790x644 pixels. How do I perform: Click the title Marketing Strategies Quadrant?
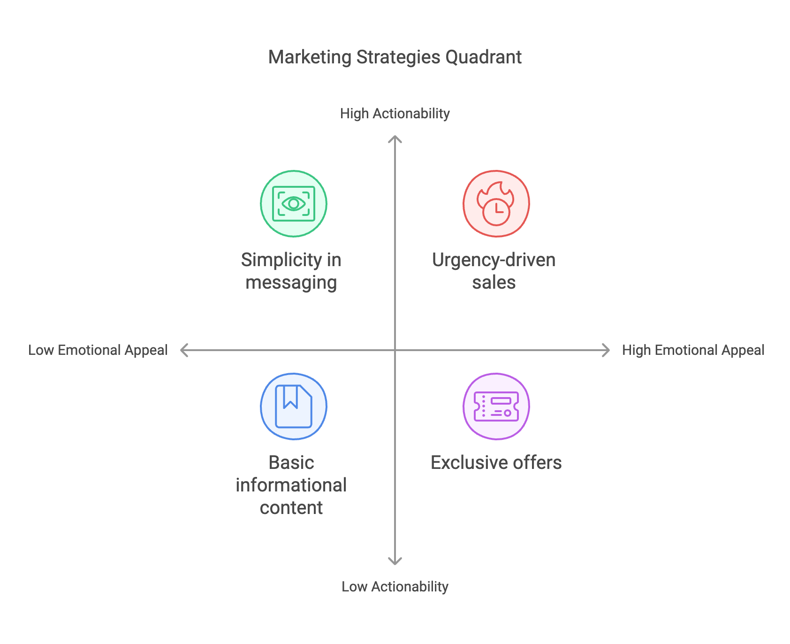[395, 57]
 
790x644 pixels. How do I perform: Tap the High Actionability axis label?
[395, 114]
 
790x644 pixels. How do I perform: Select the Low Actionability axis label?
[395, 587]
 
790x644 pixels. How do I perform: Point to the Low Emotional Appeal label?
[98, 350]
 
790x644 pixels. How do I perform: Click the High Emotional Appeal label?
[693, 350]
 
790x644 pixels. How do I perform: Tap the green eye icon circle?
[294, 204]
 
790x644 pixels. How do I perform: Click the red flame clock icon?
[496, 204]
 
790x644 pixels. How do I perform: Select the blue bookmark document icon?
[294, 406]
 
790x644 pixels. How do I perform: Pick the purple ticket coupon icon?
[496, 406]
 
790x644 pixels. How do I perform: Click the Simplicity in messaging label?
[291, 271]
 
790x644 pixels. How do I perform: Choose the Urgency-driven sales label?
[494, 271]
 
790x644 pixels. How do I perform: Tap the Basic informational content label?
[291, 485]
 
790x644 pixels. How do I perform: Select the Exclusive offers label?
[496, 463]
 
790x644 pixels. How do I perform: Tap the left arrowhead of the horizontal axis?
[183, 350]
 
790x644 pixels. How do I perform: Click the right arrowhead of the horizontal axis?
[607, 350]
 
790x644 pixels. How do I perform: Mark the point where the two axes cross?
[395, 350]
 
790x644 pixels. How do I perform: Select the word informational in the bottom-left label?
[291, 485]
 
